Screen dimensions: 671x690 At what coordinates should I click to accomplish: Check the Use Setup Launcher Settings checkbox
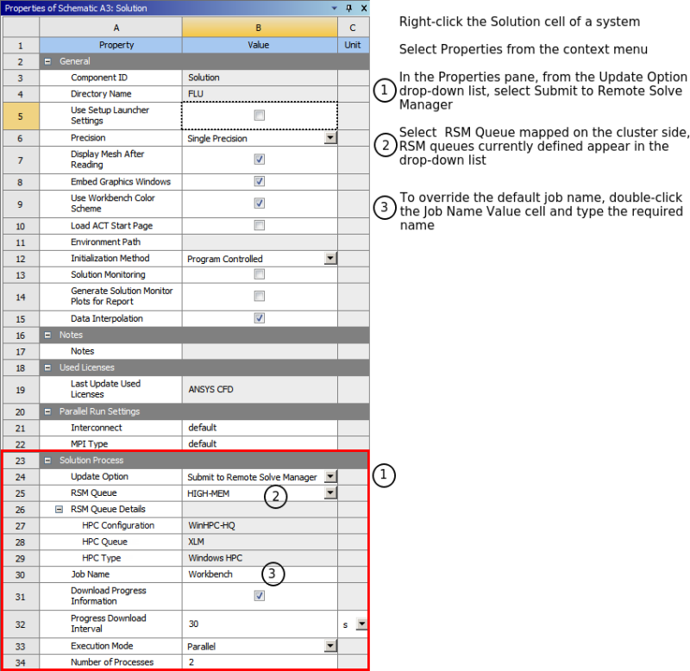click(x=260, y=115)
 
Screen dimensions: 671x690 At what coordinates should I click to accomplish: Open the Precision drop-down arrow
click(x=329, y=138)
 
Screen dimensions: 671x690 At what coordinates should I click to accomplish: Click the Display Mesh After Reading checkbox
click(x=260, y=160)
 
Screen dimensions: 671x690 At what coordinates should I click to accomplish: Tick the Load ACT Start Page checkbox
click(x=260, y=226)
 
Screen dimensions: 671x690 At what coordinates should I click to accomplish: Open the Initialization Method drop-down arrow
click(x=329, y=258)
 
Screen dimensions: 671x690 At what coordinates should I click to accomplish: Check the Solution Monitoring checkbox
click(x=260, y=274)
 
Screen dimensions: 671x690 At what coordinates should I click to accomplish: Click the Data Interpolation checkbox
click(x=260, y=318)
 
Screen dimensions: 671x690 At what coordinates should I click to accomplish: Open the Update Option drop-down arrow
click(x=329, y=477)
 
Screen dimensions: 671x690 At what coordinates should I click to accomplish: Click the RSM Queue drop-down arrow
click(x=329, y=493)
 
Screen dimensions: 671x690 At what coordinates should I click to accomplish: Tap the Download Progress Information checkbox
click(x=260, y=596)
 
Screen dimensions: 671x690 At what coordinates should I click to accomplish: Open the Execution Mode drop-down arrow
click(x=329, y=646)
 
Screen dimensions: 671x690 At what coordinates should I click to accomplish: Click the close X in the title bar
click(x=361, y=8)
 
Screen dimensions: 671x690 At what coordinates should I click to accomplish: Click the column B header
click(x=259, y=29)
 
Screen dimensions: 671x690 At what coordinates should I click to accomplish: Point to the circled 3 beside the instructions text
click(x=385, y=208)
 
